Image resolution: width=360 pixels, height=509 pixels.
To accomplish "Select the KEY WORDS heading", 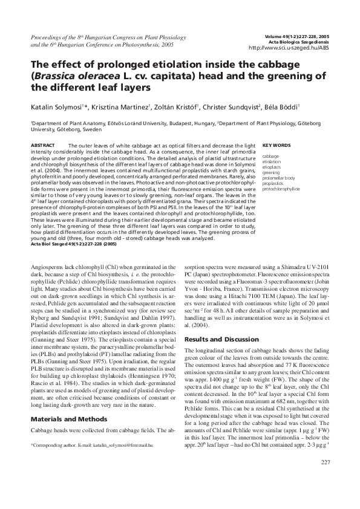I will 276,146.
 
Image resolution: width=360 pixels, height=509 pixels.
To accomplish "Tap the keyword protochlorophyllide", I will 281,189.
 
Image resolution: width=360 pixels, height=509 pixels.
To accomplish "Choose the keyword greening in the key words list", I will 271,172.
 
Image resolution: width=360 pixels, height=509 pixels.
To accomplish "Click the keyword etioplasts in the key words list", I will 273,167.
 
